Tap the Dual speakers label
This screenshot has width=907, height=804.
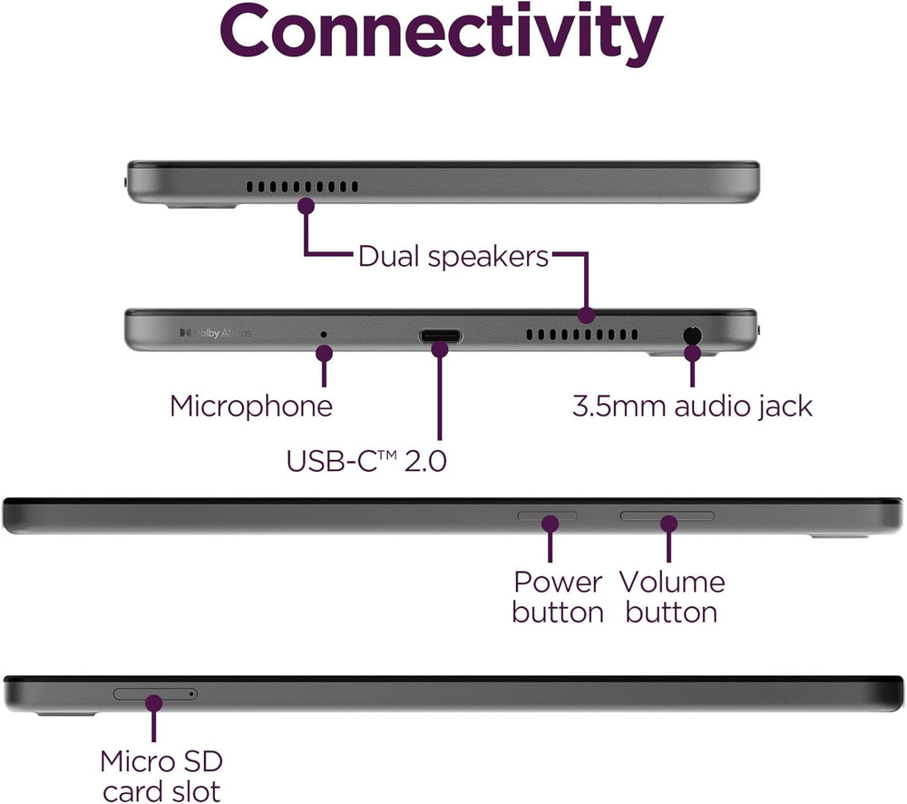point(453,256)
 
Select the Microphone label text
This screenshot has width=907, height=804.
point(251,406)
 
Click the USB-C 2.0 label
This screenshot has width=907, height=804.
point(366,460)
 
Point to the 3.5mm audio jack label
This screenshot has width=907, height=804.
point(692,406)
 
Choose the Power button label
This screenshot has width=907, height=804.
point(557,596)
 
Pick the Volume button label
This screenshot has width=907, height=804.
point(671,596)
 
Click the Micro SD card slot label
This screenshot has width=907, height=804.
point(161,775)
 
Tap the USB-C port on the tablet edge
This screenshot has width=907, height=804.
point(440,336)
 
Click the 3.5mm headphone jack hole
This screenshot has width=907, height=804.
point(693,335)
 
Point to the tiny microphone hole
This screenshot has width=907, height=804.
point(324,334)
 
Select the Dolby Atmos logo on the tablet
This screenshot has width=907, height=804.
point(216,333)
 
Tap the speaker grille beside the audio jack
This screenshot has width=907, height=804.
point(588,336)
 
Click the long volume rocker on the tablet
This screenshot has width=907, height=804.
point(667,516)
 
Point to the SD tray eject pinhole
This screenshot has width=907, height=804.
point(191,694)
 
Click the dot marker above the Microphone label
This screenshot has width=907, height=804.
point(324,352)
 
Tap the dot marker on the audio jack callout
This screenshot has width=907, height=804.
point(693,352)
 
